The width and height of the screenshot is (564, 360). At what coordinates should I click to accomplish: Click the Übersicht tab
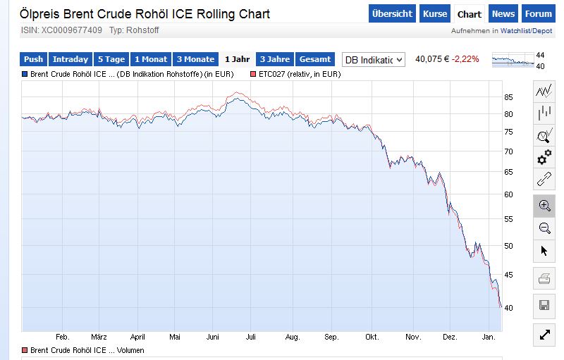[392, 14]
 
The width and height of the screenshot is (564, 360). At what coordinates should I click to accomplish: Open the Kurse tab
[435, 14]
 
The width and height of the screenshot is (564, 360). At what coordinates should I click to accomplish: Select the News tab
[503, 14]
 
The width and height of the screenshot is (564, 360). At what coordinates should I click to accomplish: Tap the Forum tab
[539, 14]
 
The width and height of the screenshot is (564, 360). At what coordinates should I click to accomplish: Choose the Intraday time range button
[70, 60]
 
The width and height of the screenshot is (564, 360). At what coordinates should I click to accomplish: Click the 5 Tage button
[111, 60]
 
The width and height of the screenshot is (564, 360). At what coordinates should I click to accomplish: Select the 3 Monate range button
[195, 60]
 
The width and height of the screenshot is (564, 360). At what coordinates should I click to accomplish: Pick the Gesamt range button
[315, 60]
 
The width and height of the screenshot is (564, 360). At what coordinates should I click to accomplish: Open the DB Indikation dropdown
[373, 60]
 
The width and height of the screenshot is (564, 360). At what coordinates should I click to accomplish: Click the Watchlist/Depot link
[528, 31]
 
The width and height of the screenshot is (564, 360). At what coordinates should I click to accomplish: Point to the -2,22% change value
[466, 59]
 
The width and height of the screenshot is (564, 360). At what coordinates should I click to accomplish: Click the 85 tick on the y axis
[508, 97]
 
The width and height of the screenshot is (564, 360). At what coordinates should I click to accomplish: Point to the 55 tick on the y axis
[508, 220]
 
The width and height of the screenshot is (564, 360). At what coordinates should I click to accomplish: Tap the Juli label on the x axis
[250, 337]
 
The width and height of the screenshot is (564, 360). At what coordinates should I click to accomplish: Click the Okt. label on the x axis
[372, 337]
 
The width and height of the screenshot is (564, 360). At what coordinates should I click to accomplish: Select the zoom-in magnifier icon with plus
[544, 205]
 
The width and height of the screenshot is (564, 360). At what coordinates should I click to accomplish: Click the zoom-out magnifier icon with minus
[544, 228]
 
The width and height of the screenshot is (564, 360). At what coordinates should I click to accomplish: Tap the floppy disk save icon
[544, 305]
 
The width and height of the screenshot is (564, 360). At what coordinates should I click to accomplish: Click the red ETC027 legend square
[252, 74]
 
